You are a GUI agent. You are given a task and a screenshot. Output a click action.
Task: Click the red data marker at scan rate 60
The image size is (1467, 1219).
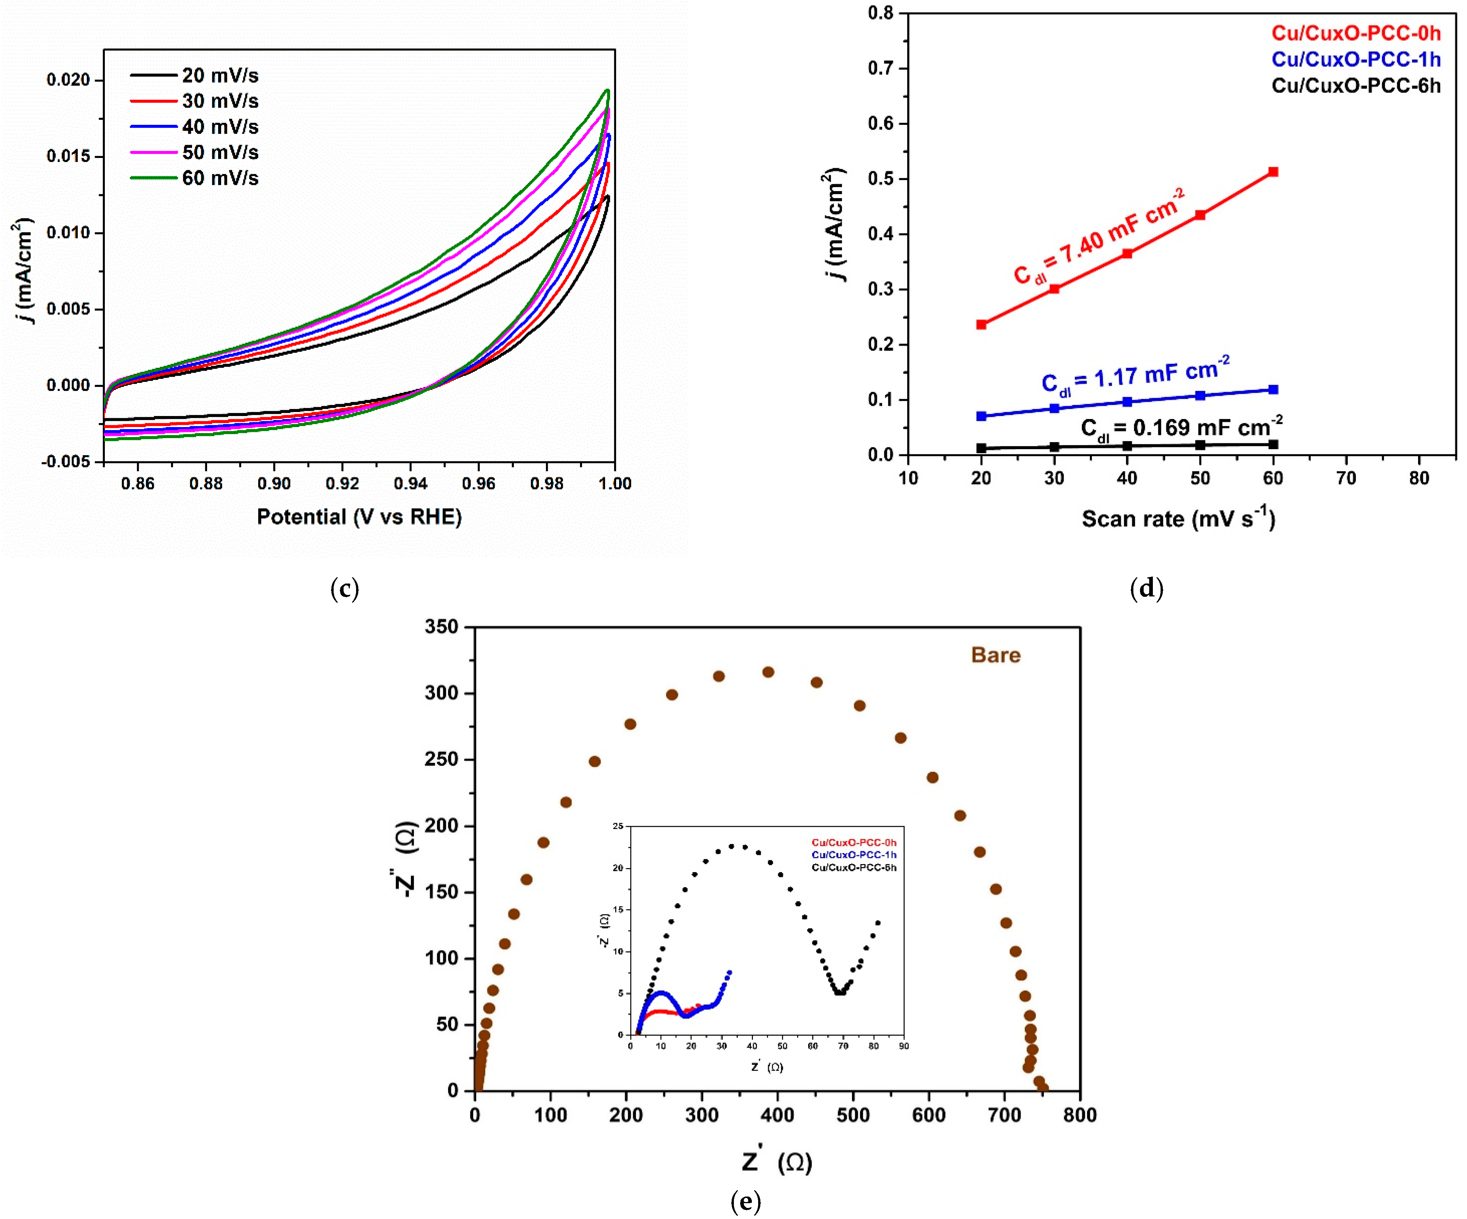(x=1273, y=172)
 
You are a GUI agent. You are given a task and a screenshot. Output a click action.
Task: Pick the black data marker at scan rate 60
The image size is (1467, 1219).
(x=1273, y=444)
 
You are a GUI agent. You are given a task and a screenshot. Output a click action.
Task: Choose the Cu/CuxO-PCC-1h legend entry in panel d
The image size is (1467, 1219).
(x=1355, y=59)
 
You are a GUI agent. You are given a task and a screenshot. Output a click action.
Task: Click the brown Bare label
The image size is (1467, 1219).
(x=995, y=655)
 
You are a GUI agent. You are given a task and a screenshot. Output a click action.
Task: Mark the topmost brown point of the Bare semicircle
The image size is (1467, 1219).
(x=768, y=672)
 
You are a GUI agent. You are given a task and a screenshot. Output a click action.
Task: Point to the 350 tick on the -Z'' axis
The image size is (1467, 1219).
(x=441, y=627)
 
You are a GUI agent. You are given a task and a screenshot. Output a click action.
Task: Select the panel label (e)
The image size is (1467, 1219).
(x=745, y=1202)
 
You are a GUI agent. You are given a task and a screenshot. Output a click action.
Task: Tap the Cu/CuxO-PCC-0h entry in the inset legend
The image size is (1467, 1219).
(x=854, y=842)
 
